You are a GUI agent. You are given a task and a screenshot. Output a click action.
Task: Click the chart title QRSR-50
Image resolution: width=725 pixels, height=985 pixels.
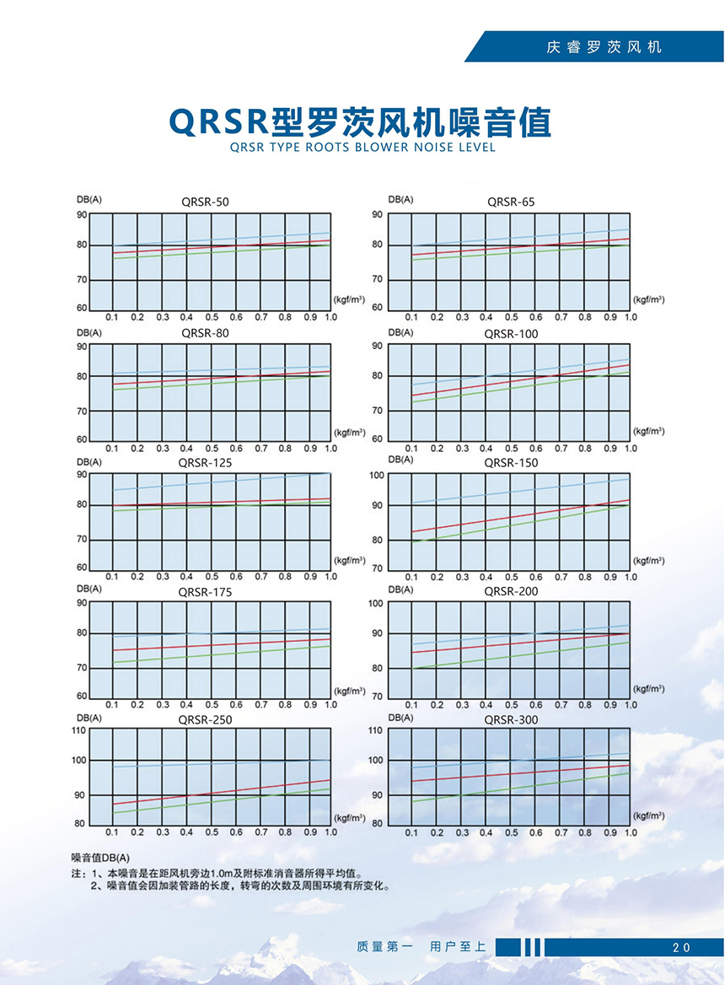204,202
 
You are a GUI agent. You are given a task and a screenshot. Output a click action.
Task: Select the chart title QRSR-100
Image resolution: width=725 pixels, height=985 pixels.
511,334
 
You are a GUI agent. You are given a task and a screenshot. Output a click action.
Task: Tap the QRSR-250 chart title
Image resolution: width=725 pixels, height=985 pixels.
204,720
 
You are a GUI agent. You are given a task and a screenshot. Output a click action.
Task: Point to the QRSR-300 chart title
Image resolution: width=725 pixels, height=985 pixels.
511,720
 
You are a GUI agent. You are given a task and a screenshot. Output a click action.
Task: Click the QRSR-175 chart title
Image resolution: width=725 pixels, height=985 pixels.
204,592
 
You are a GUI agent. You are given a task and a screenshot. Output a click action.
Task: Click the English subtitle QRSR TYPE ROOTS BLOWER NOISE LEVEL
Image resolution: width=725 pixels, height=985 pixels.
362,148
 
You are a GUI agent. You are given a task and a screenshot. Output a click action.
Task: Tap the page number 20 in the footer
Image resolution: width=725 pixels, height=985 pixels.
681,947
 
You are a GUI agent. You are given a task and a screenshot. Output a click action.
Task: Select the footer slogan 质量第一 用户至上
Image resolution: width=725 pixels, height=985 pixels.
422,947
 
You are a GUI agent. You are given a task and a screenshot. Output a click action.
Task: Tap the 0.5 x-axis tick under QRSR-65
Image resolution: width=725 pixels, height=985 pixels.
511,317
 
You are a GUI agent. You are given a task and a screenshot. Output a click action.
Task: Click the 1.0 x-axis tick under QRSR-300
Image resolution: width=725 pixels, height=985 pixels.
631,832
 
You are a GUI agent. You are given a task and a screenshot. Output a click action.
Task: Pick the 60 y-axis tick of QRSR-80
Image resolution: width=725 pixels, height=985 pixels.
82,440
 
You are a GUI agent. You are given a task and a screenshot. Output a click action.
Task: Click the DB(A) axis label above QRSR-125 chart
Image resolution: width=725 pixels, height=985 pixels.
89,462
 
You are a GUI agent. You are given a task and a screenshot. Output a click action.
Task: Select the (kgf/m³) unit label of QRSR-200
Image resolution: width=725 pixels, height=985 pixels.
649,689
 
